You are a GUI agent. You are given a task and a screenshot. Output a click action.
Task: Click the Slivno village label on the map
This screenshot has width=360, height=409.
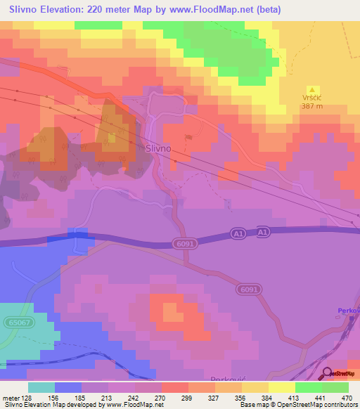click(157, 149)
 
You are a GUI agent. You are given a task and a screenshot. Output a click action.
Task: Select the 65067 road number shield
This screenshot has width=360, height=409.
click(19, 321)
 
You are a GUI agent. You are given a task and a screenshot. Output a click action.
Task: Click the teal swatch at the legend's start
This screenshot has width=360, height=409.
click(41, 387)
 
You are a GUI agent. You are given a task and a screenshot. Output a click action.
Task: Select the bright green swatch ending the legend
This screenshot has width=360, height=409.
click(335, 387)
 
